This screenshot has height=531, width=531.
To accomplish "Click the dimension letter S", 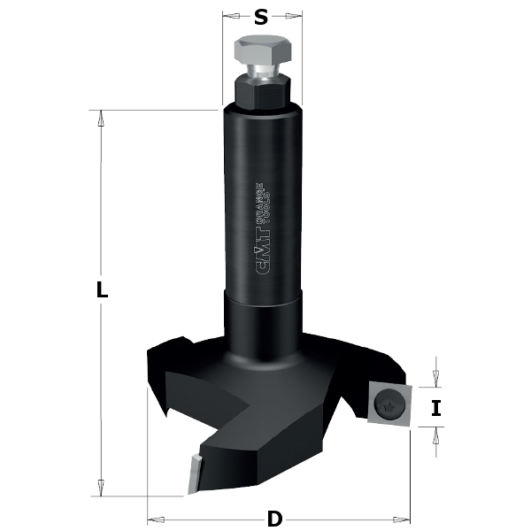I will click(x=260, y=17).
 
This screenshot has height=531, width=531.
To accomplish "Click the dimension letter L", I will click(x=102, y=289).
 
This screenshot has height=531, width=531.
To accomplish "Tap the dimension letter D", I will click(x=275, y=518).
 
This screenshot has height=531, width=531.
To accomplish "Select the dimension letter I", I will click(x=435, y=408).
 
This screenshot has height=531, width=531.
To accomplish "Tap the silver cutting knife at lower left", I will click(x=192, y=471).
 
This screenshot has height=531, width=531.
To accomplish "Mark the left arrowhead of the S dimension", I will click(x=227, y=16).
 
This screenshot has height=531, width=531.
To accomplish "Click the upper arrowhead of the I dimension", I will click(x=435, y=381).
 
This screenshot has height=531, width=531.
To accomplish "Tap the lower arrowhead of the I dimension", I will click(x=435, y=432).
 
